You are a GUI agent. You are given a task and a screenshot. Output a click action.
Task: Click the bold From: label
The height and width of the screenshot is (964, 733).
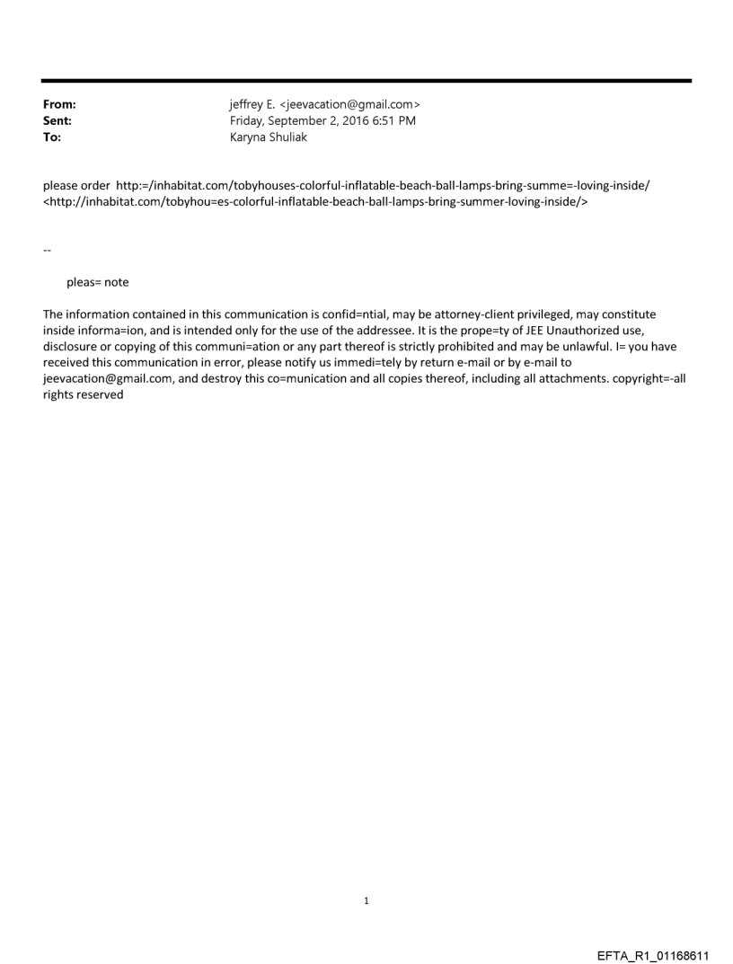(59, 104)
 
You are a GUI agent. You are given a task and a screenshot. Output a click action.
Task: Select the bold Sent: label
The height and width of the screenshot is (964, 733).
(57, 120)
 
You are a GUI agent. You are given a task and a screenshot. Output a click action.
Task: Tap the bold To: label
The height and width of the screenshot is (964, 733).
(52, 137)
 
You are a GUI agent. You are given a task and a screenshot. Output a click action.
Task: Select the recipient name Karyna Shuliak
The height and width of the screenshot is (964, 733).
(269, 137)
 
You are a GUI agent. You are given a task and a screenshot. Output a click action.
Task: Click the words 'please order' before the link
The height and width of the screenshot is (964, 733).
(76, 185)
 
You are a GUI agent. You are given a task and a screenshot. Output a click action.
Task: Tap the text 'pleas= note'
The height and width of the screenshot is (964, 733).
(97, 282)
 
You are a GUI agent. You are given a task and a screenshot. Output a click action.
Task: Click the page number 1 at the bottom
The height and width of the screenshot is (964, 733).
(366, 900)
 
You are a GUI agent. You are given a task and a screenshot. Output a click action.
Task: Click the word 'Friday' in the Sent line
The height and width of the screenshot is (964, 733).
(247, 120)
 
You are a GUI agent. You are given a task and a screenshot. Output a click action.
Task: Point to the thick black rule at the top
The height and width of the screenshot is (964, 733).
(366, 81)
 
